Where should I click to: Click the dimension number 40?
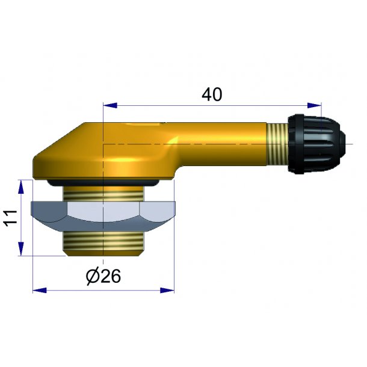212,94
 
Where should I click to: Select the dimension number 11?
11,218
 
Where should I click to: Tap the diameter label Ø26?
103,276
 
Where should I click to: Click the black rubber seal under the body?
103,183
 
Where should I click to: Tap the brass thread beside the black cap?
277,144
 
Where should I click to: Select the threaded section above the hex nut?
103,194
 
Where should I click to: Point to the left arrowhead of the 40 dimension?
110,105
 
